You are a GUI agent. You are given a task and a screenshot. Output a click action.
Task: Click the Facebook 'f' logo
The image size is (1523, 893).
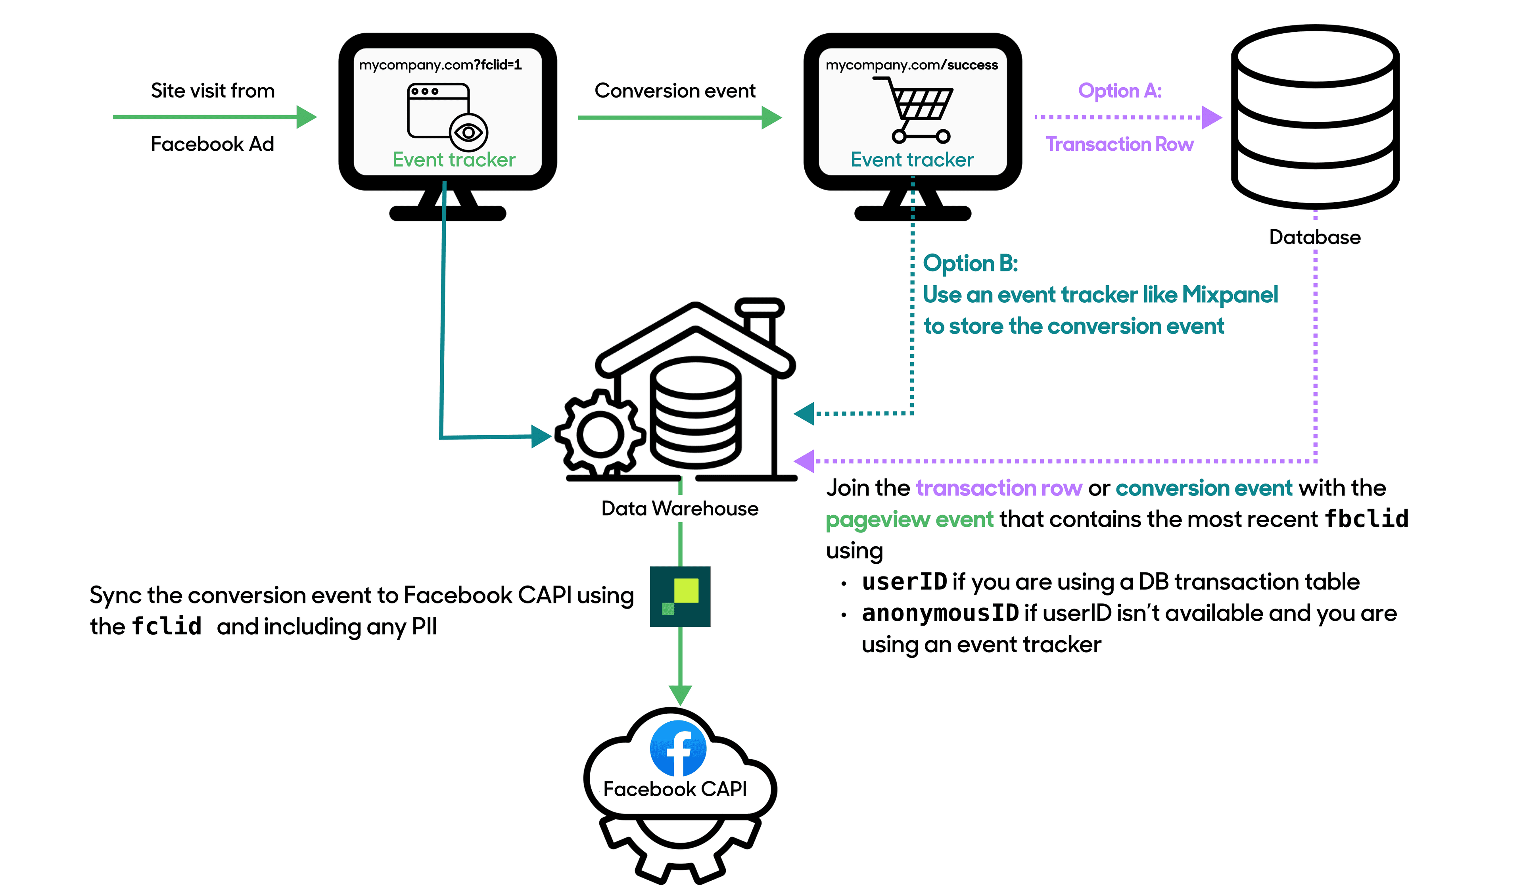(678, 749)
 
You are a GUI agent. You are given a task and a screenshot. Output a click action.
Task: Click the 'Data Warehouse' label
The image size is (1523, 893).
(679, 509)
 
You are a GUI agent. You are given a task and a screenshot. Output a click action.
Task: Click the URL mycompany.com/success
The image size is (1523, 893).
(911, 65)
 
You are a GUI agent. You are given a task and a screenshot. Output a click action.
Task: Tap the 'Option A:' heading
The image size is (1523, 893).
(1119, 91)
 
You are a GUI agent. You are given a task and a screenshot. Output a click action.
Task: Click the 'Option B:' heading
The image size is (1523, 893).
(970, 263)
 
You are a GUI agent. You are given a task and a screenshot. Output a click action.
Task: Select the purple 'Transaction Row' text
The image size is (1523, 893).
(1119, 144)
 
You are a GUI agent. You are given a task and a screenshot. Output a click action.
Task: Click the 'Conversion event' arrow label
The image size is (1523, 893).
(675, 91)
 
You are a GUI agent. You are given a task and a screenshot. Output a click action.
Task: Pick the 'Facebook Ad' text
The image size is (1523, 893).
(212, 144)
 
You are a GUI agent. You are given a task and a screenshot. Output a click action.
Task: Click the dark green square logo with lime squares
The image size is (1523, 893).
(680, 596)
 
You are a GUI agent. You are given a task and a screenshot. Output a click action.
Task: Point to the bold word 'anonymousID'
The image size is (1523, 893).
(940, 613)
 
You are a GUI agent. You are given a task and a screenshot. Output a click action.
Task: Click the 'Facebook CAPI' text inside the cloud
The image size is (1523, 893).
(675, 789)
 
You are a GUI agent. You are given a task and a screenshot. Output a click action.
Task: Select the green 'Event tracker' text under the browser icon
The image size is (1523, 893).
(453, 159)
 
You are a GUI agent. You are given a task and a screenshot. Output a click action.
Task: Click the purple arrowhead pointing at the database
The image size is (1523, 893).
(1211, 117)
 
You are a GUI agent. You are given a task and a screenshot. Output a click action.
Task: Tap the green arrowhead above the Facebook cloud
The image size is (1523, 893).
(680, 694)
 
